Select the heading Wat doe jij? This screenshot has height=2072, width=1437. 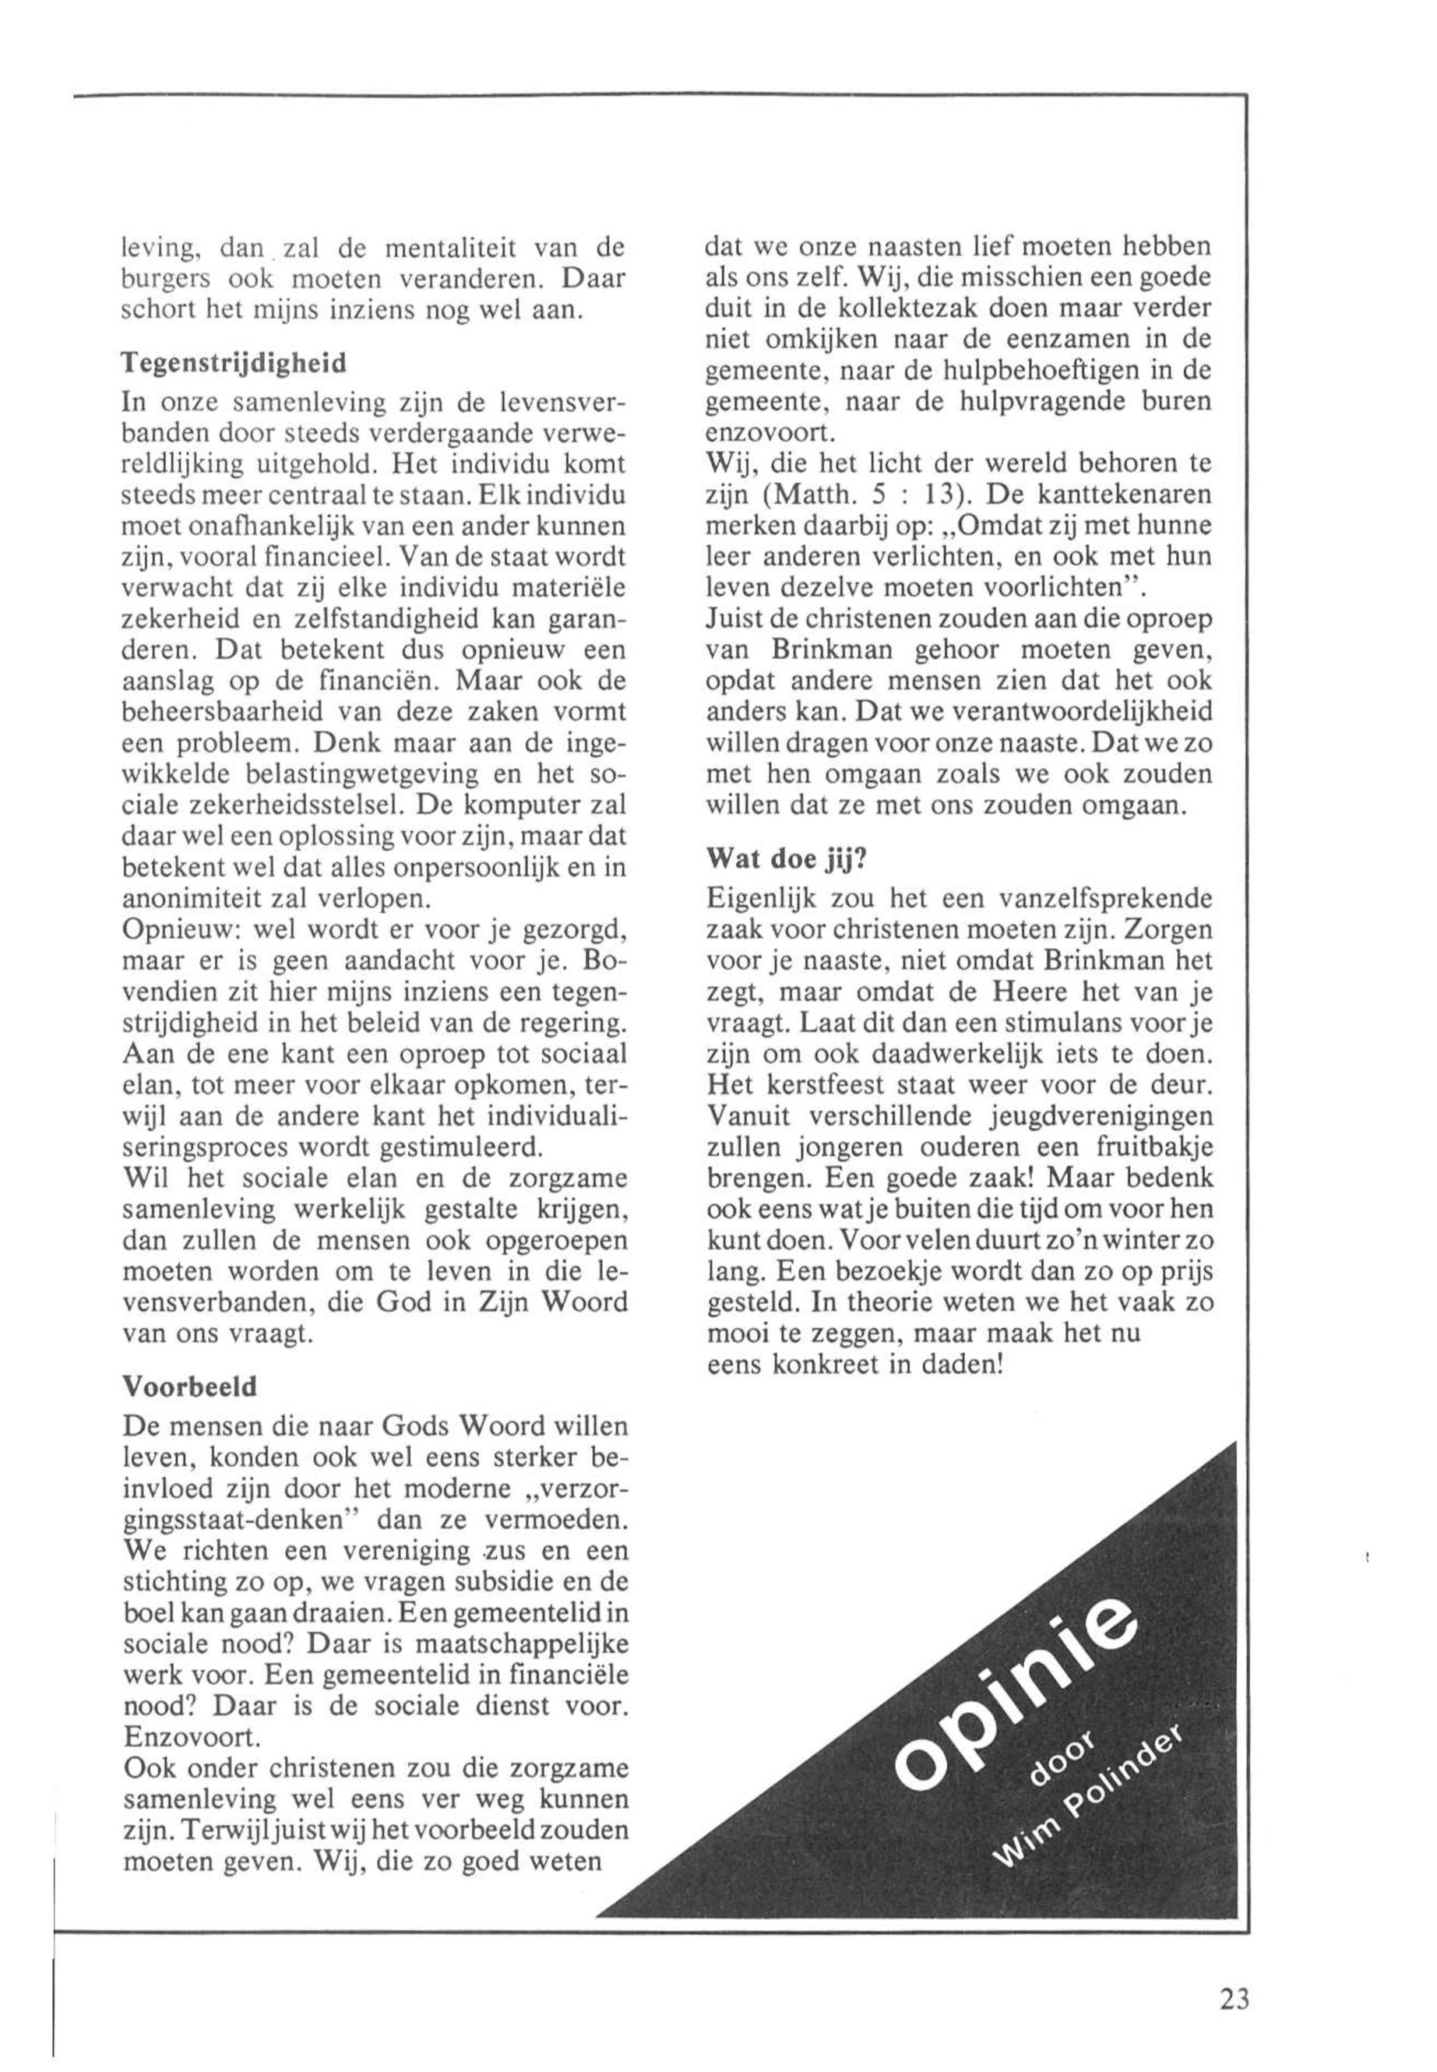[786, 858]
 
